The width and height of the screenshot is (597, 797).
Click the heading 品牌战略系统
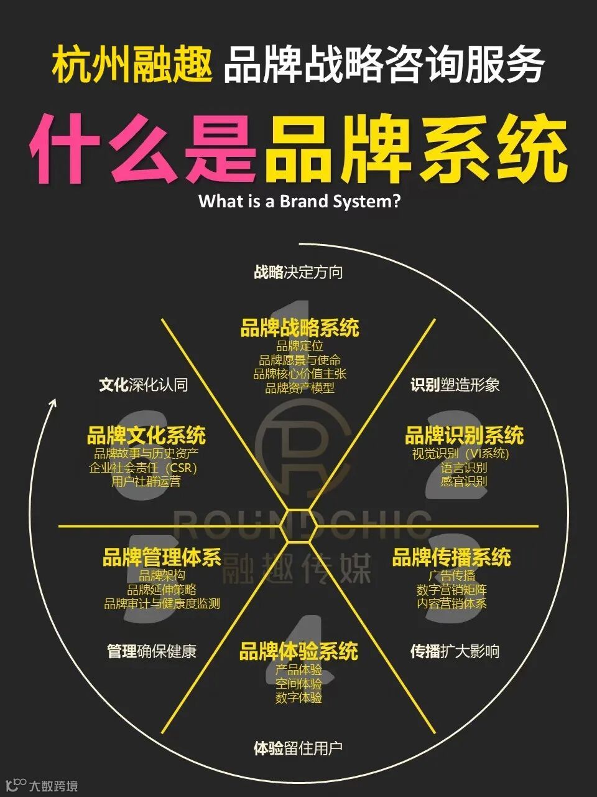(x=300, y=328)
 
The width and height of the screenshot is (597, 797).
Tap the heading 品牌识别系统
(x=464, y=435)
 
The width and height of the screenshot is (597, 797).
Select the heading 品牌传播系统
(x=451, y=557)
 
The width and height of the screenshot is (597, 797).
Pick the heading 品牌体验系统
(x=298, y=652)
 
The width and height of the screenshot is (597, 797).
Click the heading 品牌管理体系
(x=162, y=557)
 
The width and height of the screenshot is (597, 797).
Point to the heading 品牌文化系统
(x=146, y=435)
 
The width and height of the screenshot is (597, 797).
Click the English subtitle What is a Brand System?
(x=299, y=202)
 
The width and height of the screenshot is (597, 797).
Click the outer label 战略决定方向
(x=298, y=272)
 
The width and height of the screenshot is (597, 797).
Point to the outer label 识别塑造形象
(x=455, y=385)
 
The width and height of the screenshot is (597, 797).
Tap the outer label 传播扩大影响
(x=455, y=651)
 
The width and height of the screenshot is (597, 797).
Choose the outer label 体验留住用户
(x=298, y=748)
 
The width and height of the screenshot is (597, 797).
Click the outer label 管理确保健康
(x=152, y=651)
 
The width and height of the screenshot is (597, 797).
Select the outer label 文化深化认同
(x=144, y=385)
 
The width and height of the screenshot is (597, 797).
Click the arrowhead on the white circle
(x=52, y=403)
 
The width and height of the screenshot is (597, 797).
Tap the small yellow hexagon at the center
(x=298, y=526)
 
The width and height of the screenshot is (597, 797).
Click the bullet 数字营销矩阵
(x=451, y=590)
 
